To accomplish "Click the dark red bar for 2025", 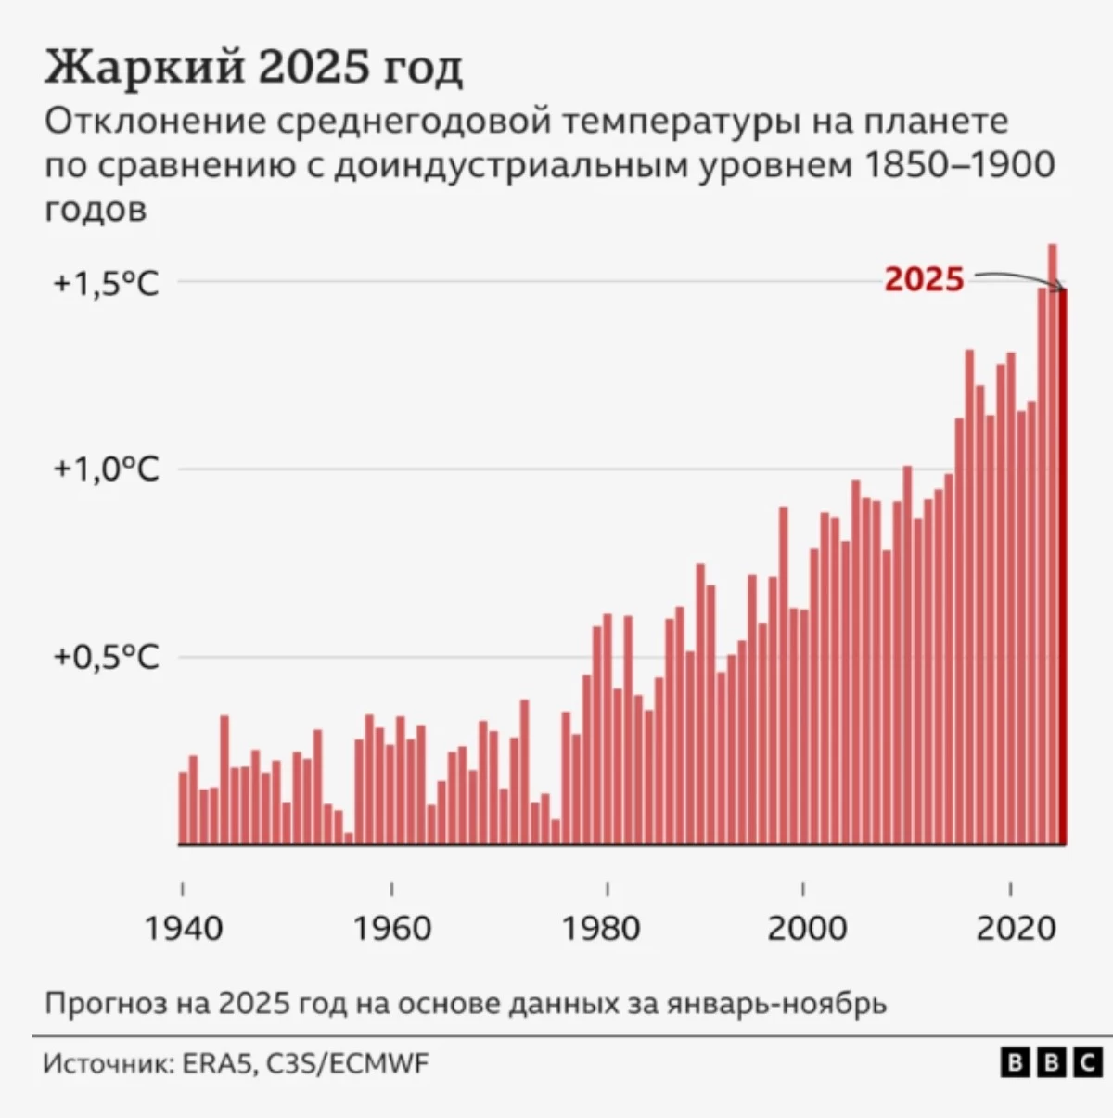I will click(1063, 566).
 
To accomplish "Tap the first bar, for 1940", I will click(183, 807).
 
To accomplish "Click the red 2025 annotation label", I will click(924, 279).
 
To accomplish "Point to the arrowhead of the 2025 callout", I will click(1063, 287).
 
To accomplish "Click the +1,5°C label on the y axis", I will click(106, 283).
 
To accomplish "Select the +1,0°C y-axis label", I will click(106, 469).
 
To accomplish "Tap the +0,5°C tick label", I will click(106, 657).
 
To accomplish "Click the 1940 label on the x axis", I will click(184, 927).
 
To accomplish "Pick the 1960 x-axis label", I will click(391, 927).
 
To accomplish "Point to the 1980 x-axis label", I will click(601, 927).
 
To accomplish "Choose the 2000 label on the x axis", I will click(806, 927).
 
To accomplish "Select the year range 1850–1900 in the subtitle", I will click(959, 165).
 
